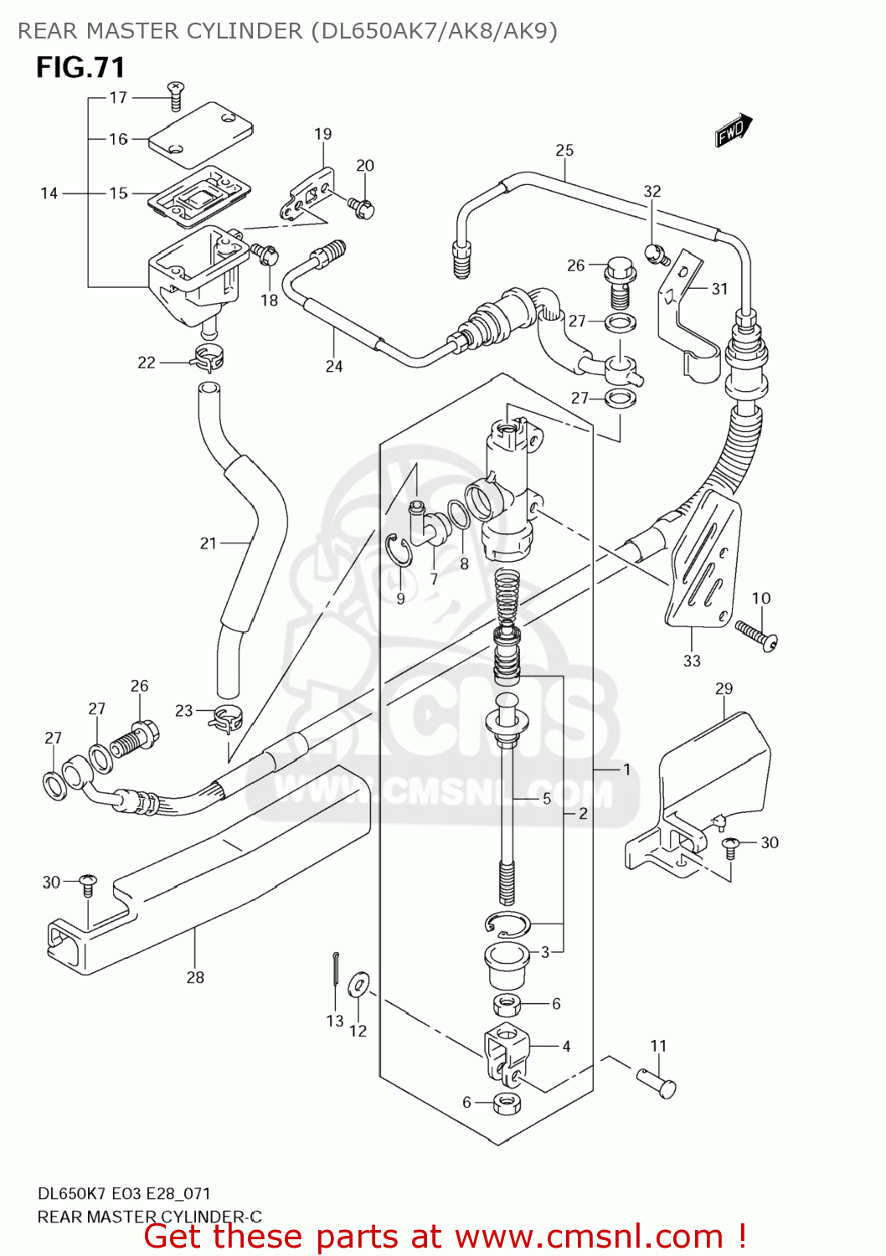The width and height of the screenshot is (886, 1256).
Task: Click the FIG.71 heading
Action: coord(80,67)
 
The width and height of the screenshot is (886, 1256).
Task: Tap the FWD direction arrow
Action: coord(734,131)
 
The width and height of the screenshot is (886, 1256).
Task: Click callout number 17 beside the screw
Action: coord(118,97)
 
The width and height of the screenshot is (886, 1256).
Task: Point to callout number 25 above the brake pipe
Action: coord(564,150)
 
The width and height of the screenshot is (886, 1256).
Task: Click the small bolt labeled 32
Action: coord(654,251)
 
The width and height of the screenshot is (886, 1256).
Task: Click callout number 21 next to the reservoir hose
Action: coord(209,543)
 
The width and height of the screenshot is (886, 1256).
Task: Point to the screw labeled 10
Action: coord(756,634)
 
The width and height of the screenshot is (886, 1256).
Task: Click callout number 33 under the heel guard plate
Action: coord(692,661)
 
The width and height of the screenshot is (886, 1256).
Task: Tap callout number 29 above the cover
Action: coord(724,688)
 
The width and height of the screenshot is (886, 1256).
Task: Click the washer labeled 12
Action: coord(359,985)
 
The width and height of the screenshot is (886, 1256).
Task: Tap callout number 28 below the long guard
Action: coord(195,977)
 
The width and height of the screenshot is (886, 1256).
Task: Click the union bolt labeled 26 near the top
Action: coord(619,281)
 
